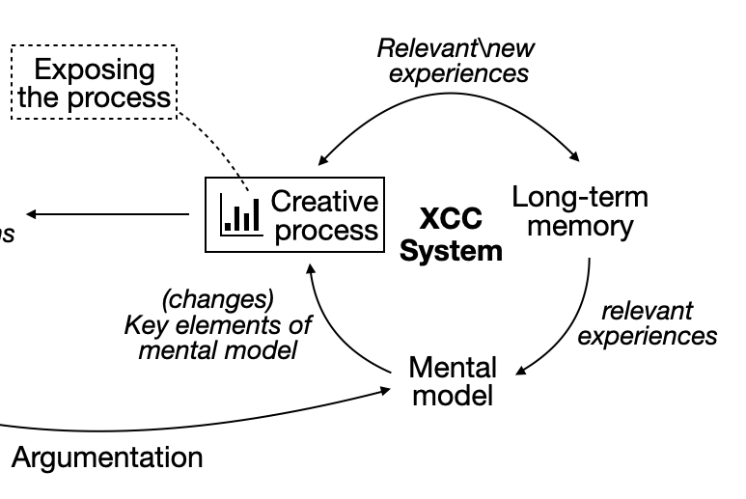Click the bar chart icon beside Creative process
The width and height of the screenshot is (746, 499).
(240, 214)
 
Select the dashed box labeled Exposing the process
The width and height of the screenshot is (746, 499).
(94, 84)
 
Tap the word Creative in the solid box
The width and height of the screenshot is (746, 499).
(324, 202)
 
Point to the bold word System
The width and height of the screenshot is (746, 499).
(452, 251)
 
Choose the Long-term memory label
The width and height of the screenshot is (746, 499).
(580, 212)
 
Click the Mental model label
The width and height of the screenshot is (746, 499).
(453, 381)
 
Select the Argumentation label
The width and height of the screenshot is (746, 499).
(107, 457)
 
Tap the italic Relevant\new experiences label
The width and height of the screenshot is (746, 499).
(456, 60)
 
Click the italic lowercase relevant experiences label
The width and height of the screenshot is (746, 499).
(648, 323)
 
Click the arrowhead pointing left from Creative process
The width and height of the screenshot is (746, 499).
(33, 214)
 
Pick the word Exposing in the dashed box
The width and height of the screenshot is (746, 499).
(94, 69)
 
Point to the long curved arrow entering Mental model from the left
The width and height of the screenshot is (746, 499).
(193, 423)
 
